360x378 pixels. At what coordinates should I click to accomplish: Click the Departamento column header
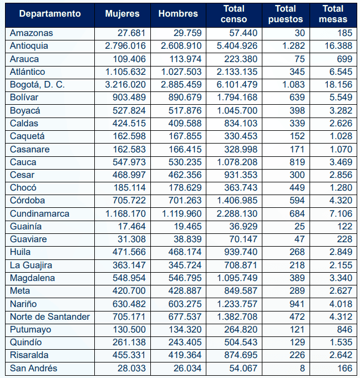pyautogui.click(x=49, y=14)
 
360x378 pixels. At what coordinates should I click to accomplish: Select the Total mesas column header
pyautogui.click(x=337, y=14)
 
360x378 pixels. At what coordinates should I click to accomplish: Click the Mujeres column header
pyautogui.click(x=123, y=14)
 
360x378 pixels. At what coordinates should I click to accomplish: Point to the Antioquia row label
pyautogui.click(x=29, y=45)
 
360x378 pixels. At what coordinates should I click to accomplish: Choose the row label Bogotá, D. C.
pyautogui.click(x=37, y=84)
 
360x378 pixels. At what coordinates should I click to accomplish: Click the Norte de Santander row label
pyautogui.click(x=50, y=316)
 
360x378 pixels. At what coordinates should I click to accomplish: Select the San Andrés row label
pyautogui.click(x=33, y=368)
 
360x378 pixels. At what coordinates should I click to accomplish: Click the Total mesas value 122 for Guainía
pyautogui.click(x=343, y=226)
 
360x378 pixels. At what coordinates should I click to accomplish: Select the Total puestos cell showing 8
pyautogui.click(x=301, y=368)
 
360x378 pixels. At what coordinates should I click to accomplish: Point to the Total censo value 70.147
pyautogui.click(x=244, y=239)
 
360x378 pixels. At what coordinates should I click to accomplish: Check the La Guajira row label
pyautogui.click(x=31, y=265)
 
